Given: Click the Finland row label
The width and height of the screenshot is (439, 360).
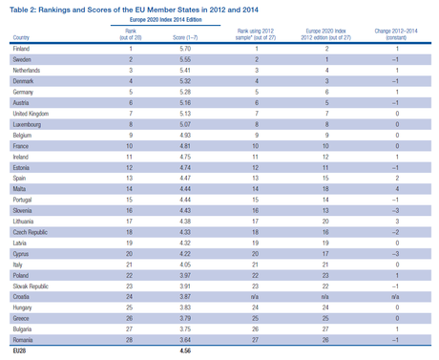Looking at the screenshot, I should [x=20, y=48].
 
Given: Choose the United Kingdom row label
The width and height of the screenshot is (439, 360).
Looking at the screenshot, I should [x=31, y=112].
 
